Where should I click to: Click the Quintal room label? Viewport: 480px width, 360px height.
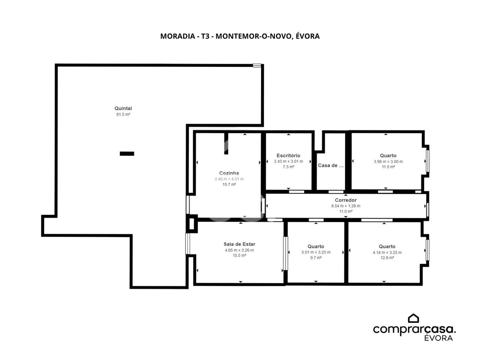[123, 108]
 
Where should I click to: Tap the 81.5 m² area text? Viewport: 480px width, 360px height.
[123, 114]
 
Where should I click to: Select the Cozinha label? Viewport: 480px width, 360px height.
[229, 173]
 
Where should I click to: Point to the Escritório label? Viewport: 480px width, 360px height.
[288, 155]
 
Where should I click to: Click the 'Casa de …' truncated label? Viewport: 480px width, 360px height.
[331, 165]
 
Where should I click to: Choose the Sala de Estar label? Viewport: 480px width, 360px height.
[239, 244]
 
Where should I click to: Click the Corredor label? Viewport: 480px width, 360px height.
[345, 200]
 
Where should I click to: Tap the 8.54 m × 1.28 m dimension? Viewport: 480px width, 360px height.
[345, 206]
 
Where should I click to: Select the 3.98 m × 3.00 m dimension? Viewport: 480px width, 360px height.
[388, 162]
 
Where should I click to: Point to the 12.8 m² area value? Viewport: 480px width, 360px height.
[387, 258]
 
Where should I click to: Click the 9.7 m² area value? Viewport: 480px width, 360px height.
[316, 258]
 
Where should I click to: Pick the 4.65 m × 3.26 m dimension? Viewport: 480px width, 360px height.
[239, 250]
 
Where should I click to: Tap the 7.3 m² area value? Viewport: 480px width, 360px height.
[288, 167]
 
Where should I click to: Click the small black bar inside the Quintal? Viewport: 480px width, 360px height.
[127, 154]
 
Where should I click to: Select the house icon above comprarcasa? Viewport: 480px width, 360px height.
[413, 318]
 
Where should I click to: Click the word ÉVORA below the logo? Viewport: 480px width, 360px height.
[438, 338]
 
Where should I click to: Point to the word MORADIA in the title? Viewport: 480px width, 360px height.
[178, 36]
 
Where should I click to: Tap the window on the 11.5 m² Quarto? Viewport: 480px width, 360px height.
[428, 161]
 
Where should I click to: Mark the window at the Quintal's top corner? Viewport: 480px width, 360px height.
[257, 65]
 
